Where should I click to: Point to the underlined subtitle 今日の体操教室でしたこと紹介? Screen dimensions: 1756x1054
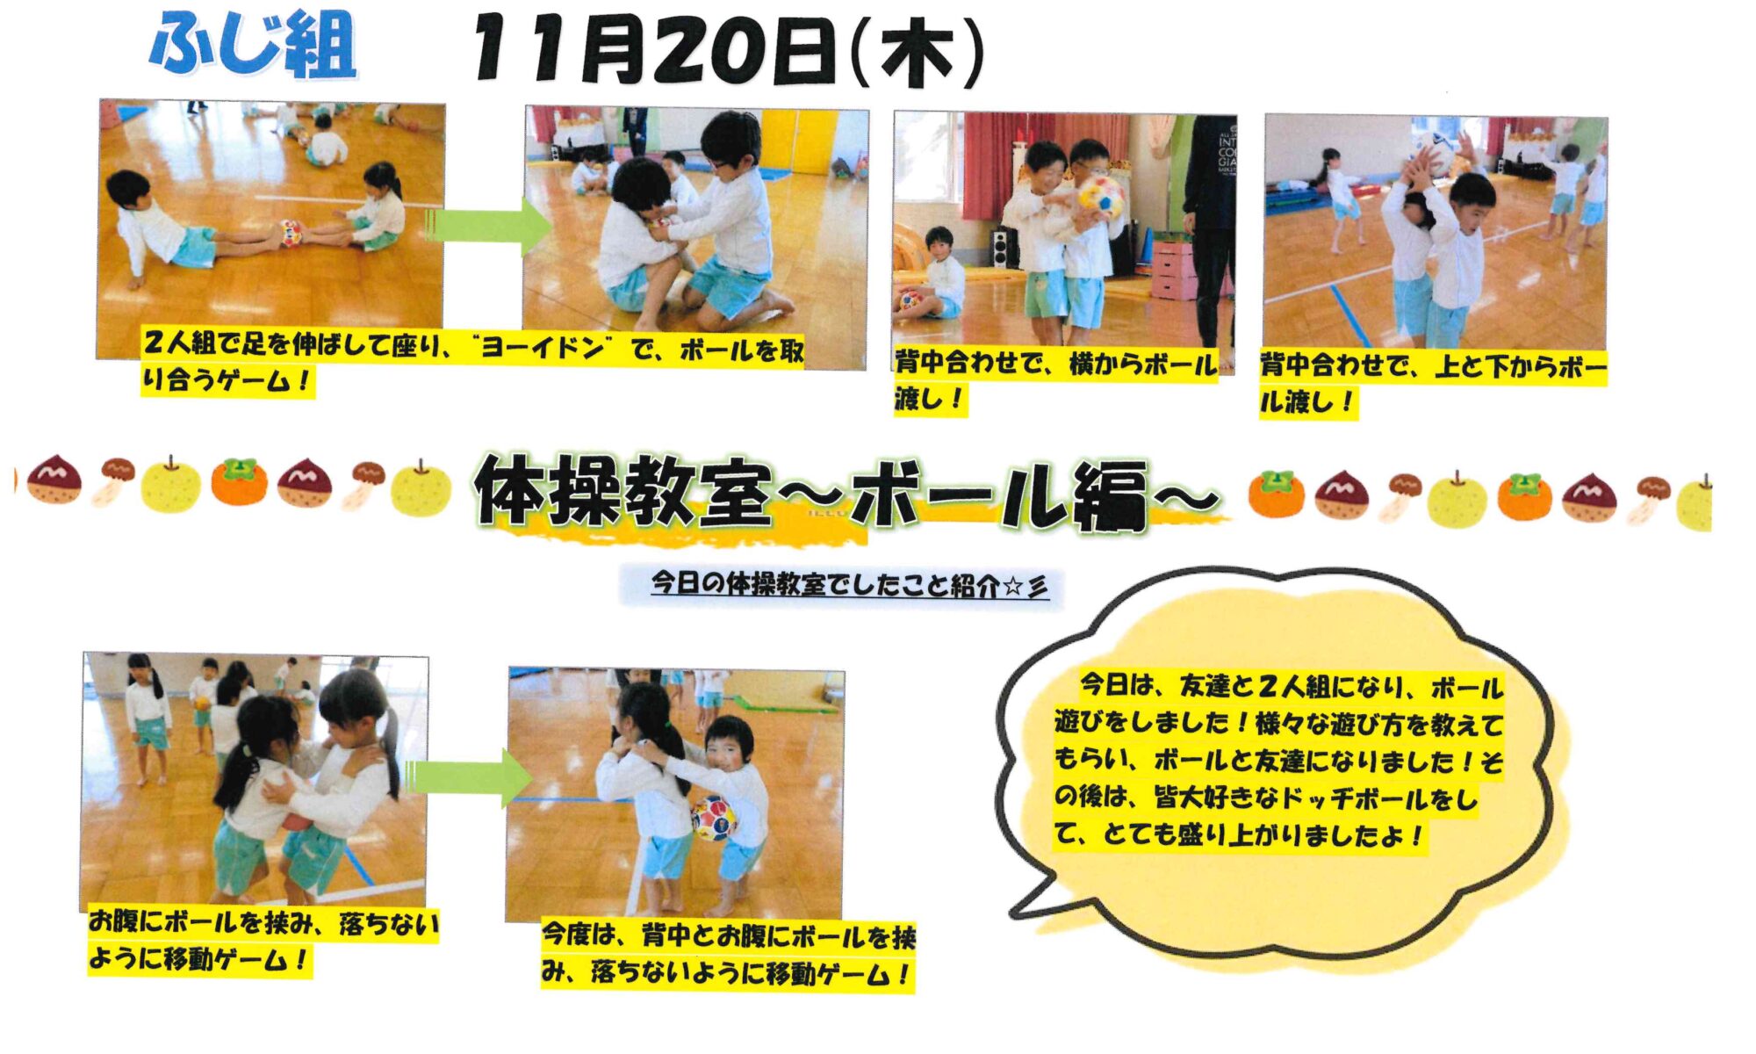click(x=824, y=584)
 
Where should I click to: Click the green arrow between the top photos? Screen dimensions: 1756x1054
click(x=488, y=227)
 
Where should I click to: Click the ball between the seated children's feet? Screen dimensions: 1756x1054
click(x=291, y=233)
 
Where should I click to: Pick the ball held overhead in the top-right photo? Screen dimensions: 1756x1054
click(x=1432, y=146)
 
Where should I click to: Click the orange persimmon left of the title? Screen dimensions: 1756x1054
click(x=239, y=482)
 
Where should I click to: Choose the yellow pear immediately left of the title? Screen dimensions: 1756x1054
click(x=421, y=487)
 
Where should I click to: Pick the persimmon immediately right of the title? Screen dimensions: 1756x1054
click(x=1276, y=494)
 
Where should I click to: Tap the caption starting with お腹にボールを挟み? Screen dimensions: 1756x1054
click(x=263, y=942)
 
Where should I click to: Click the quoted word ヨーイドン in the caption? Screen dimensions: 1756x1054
click(x=540, y=350)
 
